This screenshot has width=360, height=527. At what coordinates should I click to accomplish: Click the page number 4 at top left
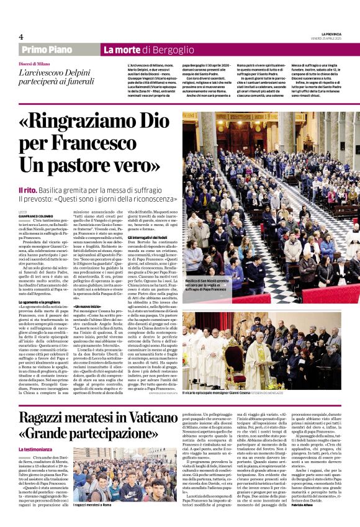pos(21,36)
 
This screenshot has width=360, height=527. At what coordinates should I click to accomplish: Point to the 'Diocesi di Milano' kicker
pos(35,64)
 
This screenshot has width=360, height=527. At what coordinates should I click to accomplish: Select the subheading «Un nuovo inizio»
pos(88,307)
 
